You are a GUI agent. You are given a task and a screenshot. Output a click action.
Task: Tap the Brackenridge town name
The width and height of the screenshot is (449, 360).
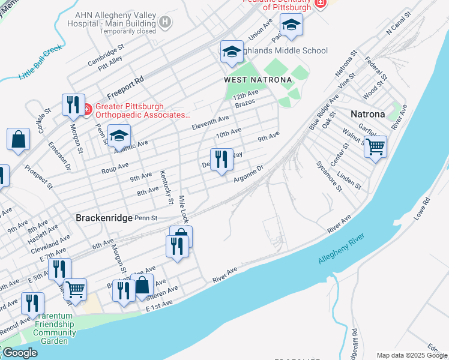pos(103,218)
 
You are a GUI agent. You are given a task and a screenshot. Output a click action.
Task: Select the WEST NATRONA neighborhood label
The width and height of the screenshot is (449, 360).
pos(258,80)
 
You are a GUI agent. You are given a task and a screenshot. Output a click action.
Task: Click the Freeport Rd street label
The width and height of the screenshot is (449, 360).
pos(125,88)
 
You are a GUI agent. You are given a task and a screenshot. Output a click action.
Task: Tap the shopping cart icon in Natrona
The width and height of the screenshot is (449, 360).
pos(375,146)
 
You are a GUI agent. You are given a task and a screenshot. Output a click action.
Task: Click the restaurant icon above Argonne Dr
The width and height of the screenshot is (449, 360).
pos(221,159)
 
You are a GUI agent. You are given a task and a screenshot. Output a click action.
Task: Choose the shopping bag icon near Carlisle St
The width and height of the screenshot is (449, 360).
pos(19,139)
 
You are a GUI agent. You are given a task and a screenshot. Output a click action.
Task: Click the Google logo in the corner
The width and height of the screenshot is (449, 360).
pos(19,353)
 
